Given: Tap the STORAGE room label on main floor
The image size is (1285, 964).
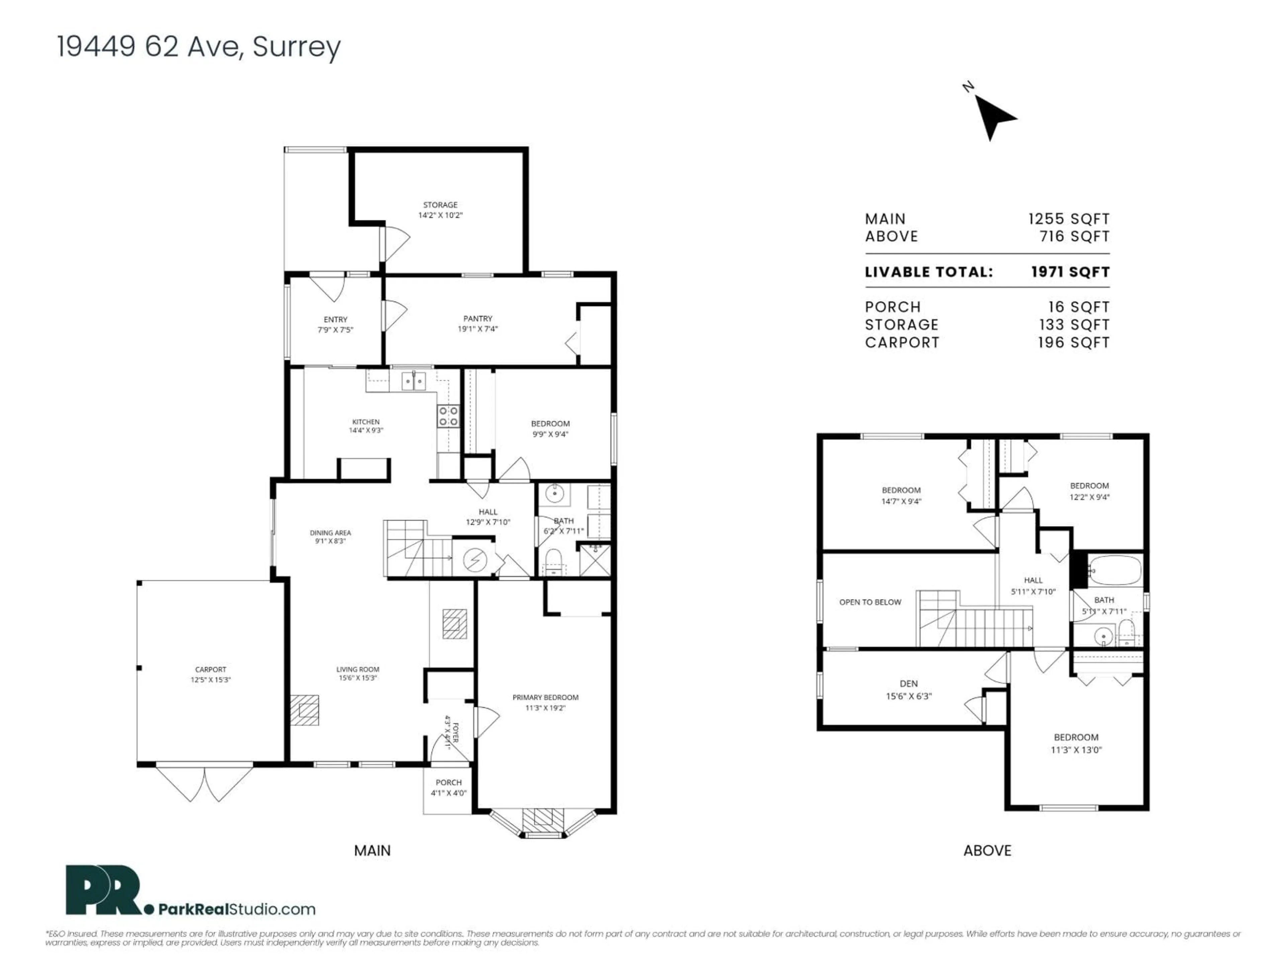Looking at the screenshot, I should coord(440,205).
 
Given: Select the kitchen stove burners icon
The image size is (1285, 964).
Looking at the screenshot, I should coord(448,415).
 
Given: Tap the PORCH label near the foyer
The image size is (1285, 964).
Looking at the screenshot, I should coord(448,782).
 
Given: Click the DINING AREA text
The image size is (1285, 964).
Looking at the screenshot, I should coord(330,532).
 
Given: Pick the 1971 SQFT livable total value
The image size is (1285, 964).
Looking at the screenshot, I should coord(1070,272).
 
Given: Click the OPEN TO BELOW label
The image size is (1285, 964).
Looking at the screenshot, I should coord(870,602).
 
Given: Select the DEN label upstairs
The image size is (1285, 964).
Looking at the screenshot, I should coord(909,684).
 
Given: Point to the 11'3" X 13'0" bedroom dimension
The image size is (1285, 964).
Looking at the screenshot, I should coord(1076,749).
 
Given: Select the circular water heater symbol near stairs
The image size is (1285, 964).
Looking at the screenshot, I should coord(475,560).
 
